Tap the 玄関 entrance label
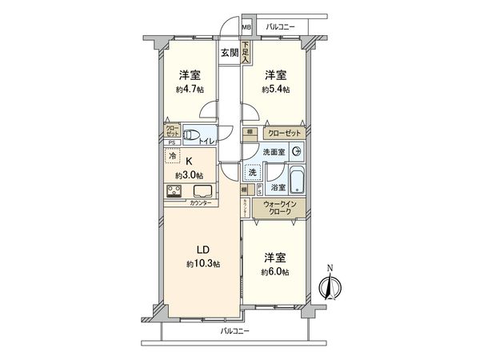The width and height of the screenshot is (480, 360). [x=230, y=54]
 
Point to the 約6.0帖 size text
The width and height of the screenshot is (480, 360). [x=275, y=273]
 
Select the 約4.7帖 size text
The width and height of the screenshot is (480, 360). [x=190, y=90]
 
